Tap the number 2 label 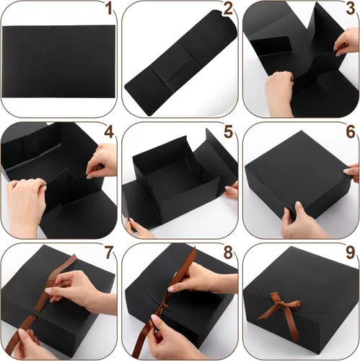pos(229,9)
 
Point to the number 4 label pos(109,132)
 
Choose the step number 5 pos(229,132)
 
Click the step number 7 pos(108,254)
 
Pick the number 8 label pos(229,254)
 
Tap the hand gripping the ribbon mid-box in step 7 pos(72,289)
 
